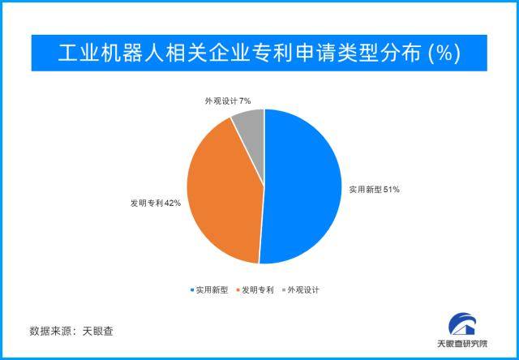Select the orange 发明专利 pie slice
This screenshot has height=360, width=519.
coord(223,191)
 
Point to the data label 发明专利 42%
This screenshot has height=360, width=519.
coord(155,204)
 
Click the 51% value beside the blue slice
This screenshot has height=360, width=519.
coord(391,189)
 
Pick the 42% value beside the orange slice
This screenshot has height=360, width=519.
coord(172,204)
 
